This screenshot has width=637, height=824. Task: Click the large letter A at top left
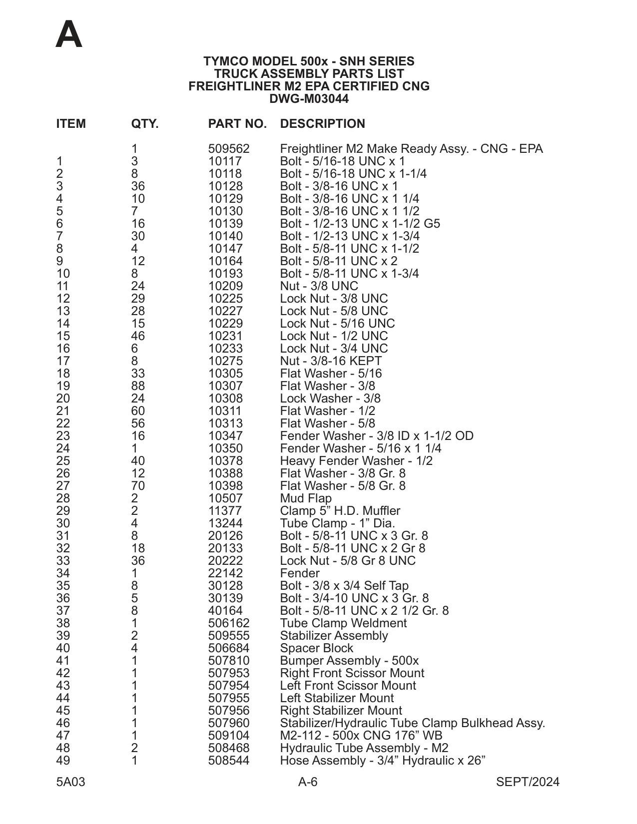pyautogui.click(x=69, y=35)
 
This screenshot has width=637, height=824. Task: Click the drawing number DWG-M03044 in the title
pyautogui.click(x=309, y=99)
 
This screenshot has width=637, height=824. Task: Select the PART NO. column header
pyautogui.click(x=237, y=124)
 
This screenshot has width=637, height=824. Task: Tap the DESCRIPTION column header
pyautogui.click(x=322, y=124)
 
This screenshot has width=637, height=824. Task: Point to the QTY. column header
pyautogui.click(x=144, y=124)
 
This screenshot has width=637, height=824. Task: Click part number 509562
pyautogui.click(x=228, y=149)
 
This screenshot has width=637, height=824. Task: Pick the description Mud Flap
pyautogui.click(x=306, y=498)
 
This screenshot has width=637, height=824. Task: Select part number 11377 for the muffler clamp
pyautogui.click(x=225, y=511)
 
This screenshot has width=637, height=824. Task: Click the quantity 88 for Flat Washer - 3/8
pyautogui.click(x=138, y=386)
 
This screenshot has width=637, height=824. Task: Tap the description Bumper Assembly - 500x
pyautogui.click(x=349, y=661)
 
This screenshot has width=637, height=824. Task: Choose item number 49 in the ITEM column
pyautogui.click(x=63, y=761)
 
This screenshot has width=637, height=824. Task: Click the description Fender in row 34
pyautogui.click(x=299, y=573)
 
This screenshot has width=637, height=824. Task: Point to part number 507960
pyautogui.click(x=228, y=723)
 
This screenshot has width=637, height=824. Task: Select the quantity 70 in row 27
pyautogui.click(x=138, y=486)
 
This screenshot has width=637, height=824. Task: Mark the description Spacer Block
pyautogui.click(x=316, y=648)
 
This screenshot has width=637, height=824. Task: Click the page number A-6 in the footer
pyautogui.click(x=308, y=782)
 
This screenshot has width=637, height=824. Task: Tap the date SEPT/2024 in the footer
pyautogui.click(x=528, y=782)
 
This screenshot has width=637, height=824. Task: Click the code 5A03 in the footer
pyautogui.click(x=70, y=782)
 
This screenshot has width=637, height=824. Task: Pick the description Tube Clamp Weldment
pyautogui.click(x=343, y=623)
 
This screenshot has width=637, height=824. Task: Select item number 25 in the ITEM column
pyautogui.click(x=63, y=461)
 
